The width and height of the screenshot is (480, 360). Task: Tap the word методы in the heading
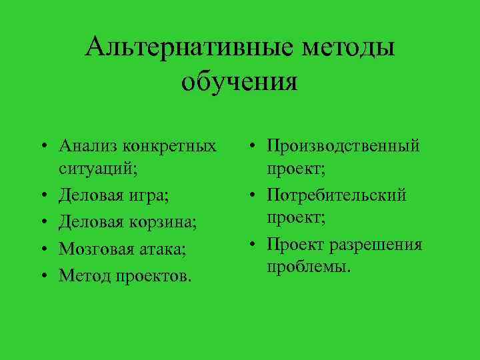point(348,47)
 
